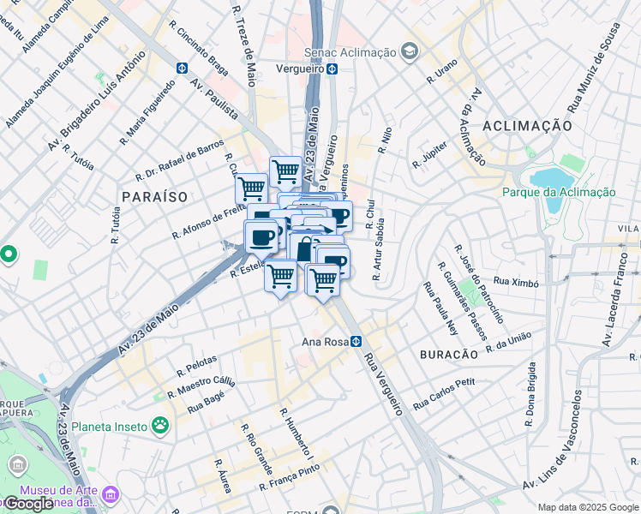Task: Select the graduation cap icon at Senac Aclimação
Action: pyautogui.click(x=410, y=52)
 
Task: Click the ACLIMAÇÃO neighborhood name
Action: pyautogui.click(x=527, y=125)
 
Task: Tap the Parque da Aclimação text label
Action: pyautogui.click(x=559, y=193)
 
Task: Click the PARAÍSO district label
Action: pyautogui.click(x=154, y=196)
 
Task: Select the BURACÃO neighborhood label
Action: pyautogui.click(x=447, y=354)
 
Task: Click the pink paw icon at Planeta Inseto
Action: pyautogui.click(x=159, y=424)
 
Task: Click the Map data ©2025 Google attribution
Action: pyautogui.click(x=587, y=507)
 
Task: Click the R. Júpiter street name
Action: pyautogui.click(x=430, y=153)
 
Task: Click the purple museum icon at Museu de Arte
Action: pyautogui.click(x=110, y=494)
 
